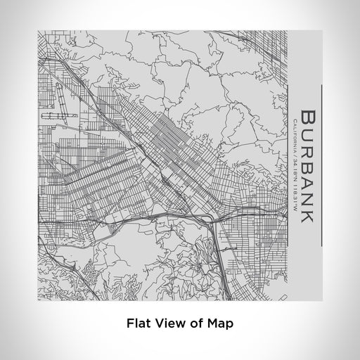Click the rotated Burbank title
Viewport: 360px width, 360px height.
tap(307, 166)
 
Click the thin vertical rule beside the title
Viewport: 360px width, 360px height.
tap(321, 166)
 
